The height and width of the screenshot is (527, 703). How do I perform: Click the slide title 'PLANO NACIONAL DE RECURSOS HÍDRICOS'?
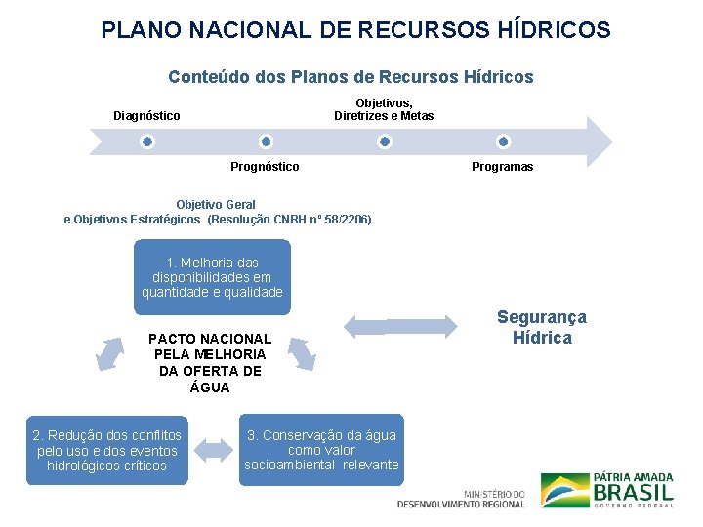[x=355, y=30]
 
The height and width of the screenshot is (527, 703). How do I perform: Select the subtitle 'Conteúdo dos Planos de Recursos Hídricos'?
[x=351, y=76]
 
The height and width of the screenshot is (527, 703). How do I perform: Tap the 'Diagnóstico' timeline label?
[x=146, y=116]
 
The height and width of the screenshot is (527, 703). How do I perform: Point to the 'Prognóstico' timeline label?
[x=265, y=167]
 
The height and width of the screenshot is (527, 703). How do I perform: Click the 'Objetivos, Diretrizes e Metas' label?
[x=384, y=109]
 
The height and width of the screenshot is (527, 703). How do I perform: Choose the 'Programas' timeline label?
[x=502, y=167]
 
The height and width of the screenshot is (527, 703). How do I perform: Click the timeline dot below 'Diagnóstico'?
[x=146, y=142]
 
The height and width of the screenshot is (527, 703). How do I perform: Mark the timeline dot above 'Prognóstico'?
[x=265, y=142]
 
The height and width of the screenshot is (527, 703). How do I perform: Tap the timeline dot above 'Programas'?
[x=503, y=142]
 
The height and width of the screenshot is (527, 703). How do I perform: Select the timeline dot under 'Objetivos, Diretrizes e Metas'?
[x=385, y=142]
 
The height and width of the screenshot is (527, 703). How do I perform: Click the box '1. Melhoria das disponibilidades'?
[x=212, y=277]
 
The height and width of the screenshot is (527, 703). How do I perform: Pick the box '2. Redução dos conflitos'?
[x=106, y=450]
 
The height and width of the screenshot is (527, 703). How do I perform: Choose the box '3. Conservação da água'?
[x=321, y=450]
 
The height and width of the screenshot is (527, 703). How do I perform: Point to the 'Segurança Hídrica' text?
[x=542, y=328]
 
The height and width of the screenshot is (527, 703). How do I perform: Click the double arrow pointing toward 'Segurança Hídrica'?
[x=401, y=324]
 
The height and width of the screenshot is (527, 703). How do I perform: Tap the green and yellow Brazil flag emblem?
[x=564, y=490]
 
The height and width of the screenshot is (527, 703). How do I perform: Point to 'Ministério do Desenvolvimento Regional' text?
[x=461, y=499]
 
